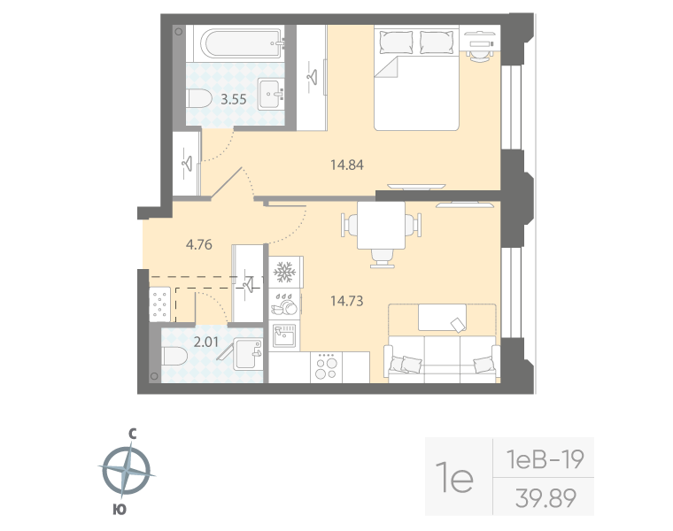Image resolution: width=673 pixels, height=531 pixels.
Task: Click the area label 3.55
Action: [234, 99]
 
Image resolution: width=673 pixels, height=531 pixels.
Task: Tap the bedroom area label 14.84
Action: [347, 164]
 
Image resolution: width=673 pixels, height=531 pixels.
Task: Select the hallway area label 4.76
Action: [197, 245]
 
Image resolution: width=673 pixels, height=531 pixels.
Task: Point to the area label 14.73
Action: [347, 301]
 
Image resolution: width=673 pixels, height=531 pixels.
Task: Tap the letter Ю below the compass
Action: [119, 509]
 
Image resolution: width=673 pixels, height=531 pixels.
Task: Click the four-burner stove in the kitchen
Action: [326, 367]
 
